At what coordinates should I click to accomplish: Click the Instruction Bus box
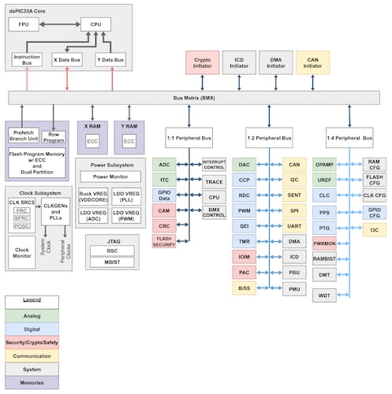click(28, 59)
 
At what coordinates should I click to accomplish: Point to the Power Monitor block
click(110, 177)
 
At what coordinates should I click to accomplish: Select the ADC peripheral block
click(164, 165)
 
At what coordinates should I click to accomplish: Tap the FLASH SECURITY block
click(164, 240)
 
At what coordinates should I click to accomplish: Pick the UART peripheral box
click(293, 226)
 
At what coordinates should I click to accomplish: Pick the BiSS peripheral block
click(245, 288)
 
